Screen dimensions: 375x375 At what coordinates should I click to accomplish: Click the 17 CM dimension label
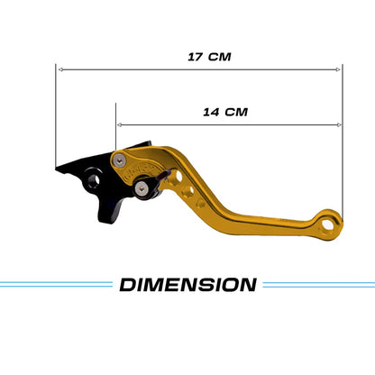click(x=209, y=56)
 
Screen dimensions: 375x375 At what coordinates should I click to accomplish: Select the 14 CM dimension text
click(x=224, y=113)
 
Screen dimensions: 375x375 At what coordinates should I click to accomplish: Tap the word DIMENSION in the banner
click(x=187, y=286)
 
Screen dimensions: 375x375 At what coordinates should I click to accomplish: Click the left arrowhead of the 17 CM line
click(x=59, y=69)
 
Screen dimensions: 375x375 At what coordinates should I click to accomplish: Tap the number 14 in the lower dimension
click(x=210, y=113)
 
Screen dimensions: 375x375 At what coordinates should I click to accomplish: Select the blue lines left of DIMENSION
click(x=54, y=285)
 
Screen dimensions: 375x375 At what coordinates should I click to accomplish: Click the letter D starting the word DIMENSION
click(x=128, y=286)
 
